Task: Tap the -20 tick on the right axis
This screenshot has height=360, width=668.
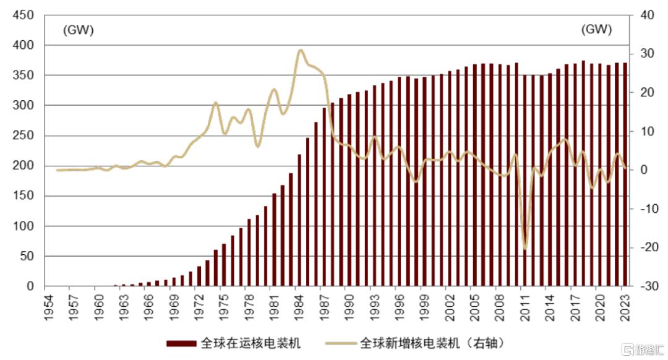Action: tap(644, 247)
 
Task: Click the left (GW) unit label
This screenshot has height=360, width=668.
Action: tap(78, 30)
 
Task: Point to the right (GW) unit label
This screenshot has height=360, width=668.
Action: tap(596, 30)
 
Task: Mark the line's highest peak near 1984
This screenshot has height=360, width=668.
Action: tap(301, 50)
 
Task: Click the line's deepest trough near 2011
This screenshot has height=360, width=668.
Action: tap(525, 249)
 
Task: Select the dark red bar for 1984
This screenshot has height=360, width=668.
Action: tap(299, 220)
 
